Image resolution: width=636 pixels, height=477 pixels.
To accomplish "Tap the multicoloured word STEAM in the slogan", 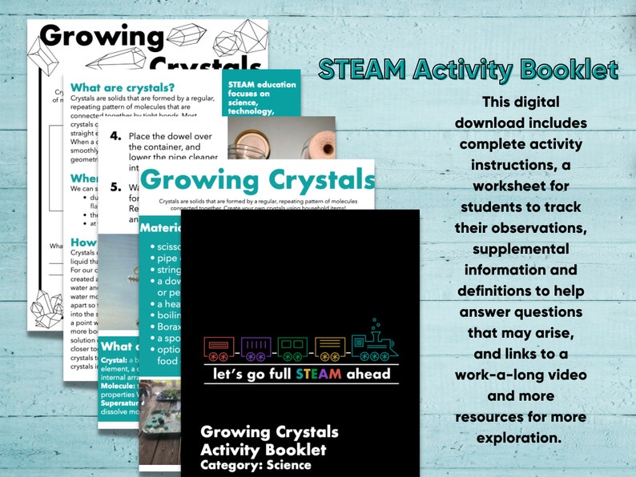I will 318,374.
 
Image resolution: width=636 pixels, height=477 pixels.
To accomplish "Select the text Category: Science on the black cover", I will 256,464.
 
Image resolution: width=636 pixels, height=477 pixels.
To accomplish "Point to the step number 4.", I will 115,136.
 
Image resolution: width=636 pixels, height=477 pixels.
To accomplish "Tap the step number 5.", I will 115,187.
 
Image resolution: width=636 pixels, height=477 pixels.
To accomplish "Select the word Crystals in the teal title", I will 318,179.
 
